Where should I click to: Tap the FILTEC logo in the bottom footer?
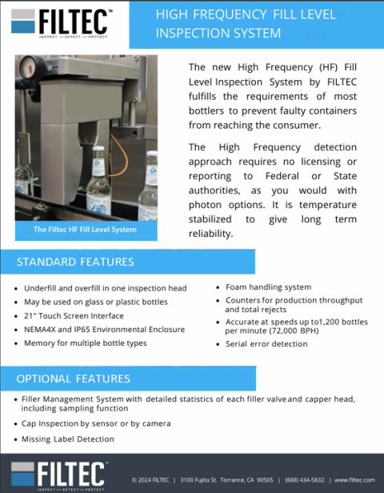[59, 475]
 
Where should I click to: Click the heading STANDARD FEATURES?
[75, 262]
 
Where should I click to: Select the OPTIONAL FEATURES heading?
[73, 378]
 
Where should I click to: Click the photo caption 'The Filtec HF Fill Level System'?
[85, 230]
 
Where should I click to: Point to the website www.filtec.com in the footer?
[354, 480]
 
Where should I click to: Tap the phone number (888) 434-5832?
[306, 480]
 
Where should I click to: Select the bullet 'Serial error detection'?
[266, 344]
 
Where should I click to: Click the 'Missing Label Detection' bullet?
[68, 439]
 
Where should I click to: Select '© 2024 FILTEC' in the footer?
[150, 480]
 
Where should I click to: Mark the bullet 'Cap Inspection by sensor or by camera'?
[97, 423]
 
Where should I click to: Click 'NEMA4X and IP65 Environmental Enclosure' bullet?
[104, 329]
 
